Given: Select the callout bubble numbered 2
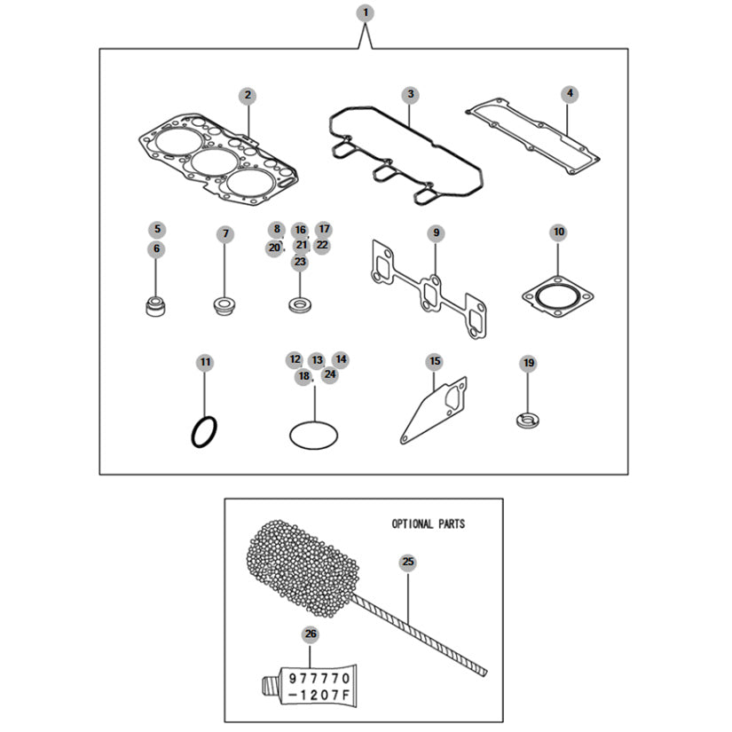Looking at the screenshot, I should (248, 95).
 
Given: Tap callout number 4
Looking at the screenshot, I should (570, 93).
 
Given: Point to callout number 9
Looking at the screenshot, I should (436, 232).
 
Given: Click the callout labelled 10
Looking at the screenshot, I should (558, 232).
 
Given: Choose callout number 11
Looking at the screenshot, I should (205, 362).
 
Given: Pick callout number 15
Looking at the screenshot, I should (434, 361).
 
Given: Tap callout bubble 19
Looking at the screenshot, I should (528, 363).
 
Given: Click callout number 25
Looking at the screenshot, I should (407, 562).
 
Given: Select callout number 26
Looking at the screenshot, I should (310, 634).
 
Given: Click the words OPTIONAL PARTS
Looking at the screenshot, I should (428, 524).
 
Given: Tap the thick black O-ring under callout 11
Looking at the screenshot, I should (205, 432).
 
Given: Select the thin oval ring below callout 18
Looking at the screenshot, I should (314, 434).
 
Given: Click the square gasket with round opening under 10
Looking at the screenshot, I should (557, 297).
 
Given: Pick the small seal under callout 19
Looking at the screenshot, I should (527, 417).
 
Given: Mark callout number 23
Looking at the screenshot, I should (300, 262).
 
